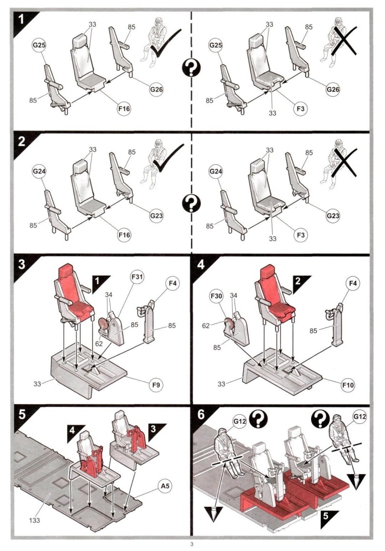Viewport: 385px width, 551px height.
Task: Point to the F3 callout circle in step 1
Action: point(300,108)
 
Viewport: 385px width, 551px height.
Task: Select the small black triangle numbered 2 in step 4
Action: point(300,280)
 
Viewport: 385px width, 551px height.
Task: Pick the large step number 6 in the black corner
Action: point(202,414)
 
